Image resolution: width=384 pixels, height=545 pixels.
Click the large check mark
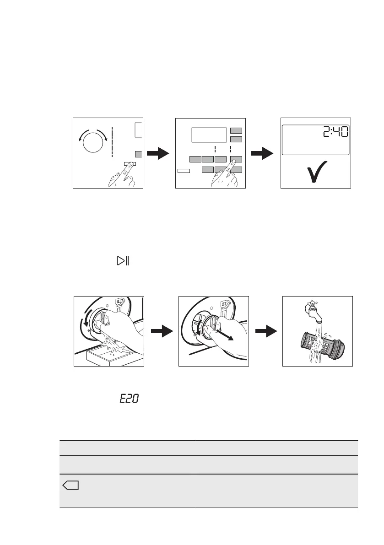point(315,173)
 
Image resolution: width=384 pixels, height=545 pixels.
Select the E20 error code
point(129,399)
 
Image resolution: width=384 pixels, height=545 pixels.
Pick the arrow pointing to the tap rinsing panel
point(265,331)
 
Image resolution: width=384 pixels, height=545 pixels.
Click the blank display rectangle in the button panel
point(209,135)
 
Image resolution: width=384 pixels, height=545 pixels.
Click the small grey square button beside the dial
point(138,154)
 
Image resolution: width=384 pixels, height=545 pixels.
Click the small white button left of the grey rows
point(184,171)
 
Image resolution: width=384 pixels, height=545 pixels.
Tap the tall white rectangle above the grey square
point(139,130)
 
